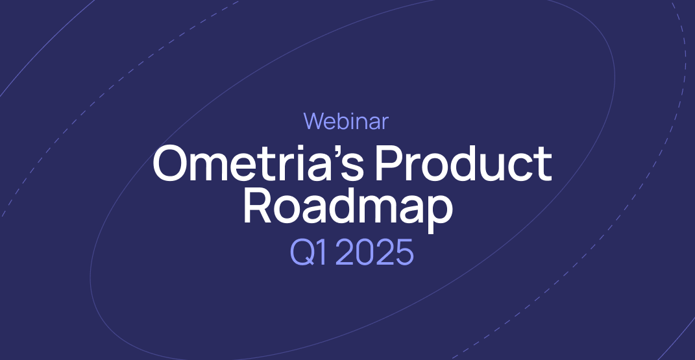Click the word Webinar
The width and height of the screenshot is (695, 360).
[346, 121]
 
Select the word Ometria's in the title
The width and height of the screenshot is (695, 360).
[258, 164]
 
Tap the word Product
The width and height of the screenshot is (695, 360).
[463, 164]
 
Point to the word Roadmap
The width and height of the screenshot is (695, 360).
[347, 205]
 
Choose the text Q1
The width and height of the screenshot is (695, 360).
[308, 252]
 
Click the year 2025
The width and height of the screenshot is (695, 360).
[374, 252]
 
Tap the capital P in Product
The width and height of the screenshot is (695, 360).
[387, 164]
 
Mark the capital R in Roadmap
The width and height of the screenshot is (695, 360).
[256, 205]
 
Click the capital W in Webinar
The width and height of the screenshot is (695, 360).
[315, 121]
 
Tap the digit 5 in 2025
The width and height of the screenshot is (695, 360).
[403, 252]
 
